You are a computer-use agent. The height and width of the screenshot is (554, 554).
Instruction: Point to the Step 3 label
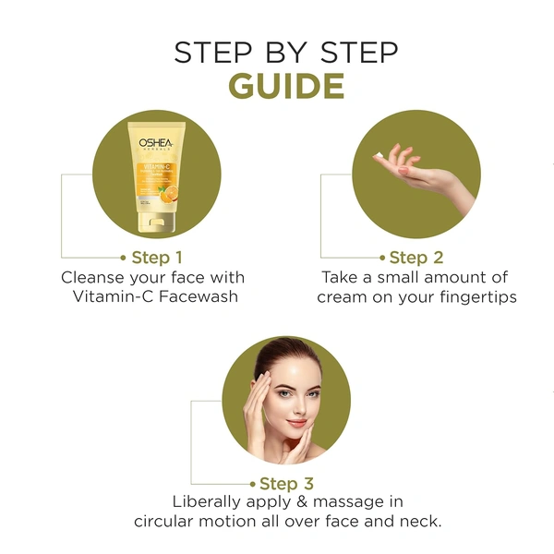286,483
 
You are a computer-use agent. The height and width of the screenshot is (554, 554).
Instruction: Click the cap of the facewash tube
153,220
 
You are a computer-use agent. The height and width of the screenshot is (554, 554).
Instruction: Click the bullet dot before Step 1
123,258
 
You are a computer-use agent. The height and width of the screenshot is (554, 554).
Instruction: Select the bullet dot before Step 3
252,484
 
